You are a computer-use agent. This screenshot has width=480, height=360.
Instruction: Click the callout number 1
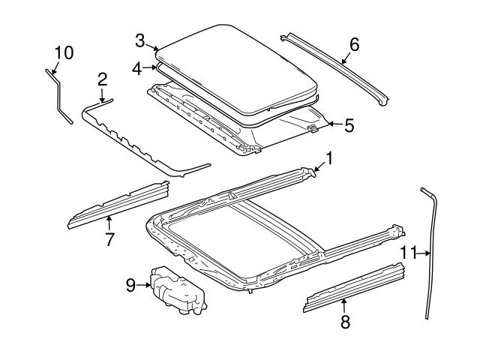click(x=328, y=158)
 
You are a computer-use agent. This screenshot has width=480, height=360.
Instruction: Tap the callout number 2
click(x=102, y=79)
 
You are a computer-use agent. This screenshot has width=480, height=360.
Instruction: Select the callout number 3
click(x=140, y=41)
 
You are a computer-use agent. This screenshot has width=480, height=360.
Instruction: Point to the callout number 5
click(x=349, y=125)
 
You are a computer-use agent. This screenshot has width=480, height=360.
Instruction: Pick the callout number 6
click(x=354, y=45)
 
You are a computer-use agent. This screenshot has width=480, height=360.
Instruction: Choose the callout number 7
click(x=110, y=239)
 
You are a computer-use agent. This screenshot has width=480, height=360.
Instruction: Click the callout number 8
click(x=345, y=322)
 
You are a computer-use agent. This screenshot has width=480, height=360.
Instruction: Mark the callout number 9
click(x=130, y=285)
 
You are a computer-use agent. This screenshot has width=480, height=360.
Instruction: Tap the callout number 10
click(x=64, y=52)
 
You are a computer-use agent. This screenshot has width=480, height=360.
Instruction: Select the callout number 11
click(x=409, y=253)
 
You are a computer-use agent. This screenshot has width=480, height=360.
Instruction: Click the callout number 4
click(x=136, y=69)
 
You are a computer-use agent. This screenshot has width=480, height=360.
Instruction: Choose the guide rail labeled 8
click(x=355, y=287)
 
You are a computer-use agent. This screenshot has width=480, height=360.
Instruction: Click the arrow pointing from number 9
click(x=143, y=285)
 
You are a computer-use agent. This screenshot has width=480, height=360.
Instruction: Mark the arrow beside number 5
click(x=335, y=124)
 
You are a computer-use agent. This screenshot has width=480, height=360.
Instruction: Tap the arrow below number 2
click(x=102, y=94)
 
